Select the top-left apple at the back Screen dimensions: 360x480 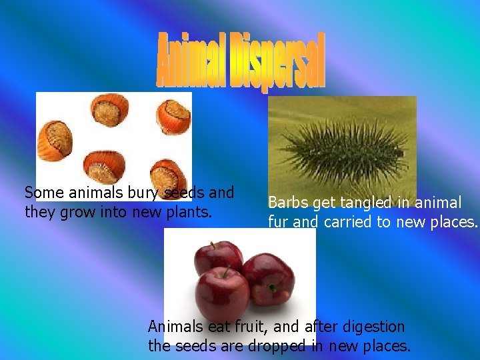[x=218, y=257]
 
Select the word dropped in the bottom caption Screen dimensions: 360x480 [x=276, y=347]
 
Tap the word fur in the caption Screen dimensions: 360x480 [x=279, y=222]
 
